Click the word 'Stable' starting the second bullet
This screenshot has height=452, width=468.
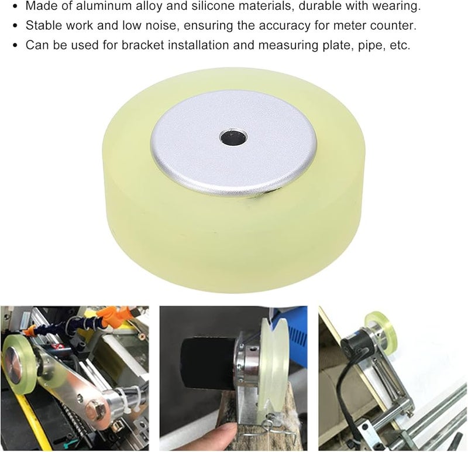click(42, 26)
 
